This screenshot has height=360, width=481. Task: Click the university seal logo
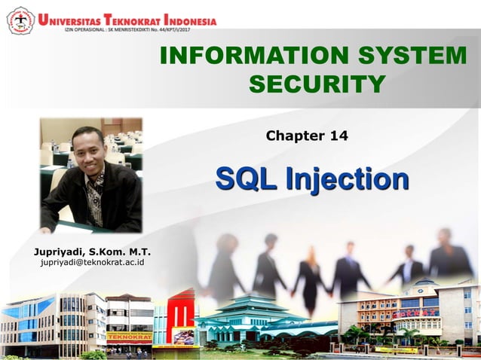[x=20, y=20]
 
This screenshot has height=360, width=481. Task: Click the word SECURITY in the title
[x=317, y=84]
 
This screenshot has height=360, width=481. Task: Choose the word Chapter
[x=293, y=136]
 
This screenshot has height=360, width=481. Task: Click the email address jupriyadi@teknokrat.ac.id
[x=92, y=262]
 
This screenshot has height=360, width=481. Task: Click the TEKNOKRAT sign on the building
[x=128, y=337]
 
